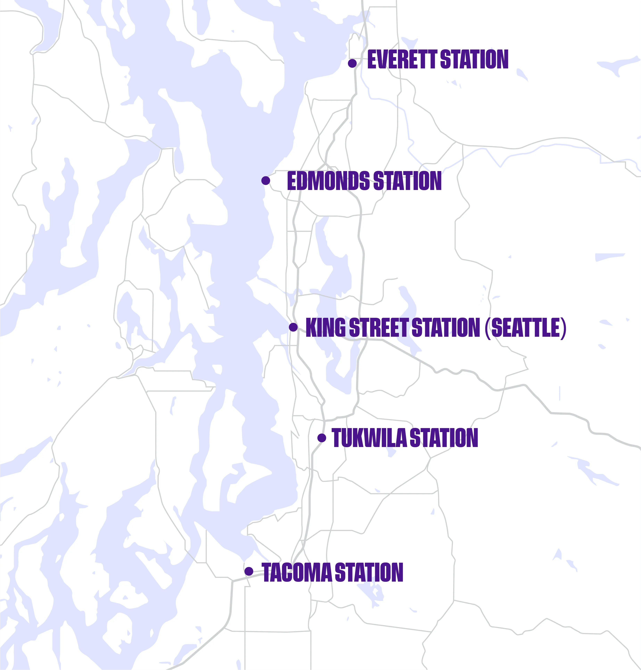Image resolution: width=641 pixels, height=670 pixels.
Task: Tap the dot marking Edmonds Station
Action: [265, 180]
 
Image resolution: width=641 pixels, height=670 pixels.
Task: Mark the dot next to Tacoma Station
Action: [249, 571]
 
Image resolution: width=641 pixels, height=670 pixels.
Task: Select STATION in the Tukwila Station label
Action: [443, 438]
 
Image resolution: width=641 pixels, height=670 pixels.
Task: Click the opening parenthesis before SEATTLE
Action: [488, 327]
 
